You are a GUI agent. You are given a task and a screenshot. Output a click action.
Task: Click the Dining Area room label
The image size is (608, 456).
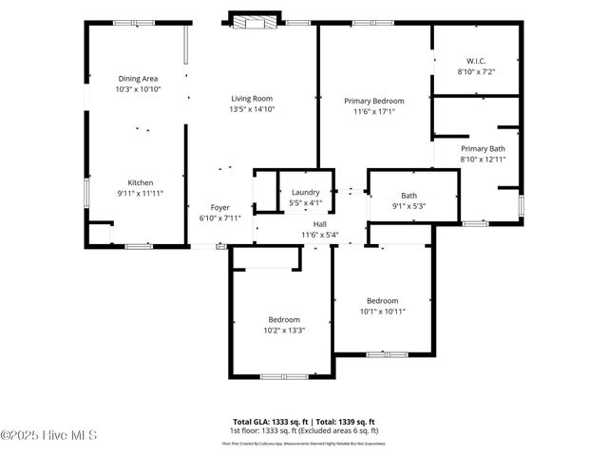click(x=138, y=78)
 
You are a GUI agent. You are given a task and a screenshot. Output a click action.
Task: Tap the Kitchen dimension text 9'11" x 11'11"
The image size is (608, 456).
click(x=141, y=193)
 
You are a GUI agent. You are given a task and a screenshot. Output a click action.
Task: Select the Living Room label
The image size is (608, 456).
click(x=251, y=98)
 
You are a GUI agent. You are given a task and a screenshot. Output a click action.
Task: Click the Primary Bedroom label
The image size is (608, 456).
click(x=373, y=101)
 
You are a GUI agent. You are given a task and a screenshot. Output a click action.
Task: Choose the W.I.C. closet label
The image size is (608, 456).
click(x=475, y=60)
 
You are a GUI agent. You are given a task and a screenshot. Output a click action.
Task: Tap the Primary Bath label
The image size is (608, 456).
click(x=483, y=148)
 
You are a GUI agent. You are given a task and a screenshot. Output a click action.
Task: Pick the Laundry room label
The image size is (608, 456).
click(x=305, y=192)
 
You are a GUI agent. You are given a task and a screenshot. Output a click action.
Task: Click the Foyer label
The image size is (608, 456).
click(x=220, y=207)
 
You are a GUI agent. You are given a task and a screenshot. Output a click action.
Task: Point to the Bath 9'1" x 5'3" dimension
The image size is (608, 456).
click(x=408, y=206)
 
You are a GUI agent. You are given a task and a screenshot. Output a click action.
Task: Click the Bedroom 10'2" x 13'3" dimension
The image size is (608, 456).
click(x=283, y=331)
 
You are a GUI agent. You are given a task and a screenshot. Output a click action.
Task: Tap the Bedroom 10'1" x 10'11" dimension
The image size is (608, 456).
click(x=382, y=311)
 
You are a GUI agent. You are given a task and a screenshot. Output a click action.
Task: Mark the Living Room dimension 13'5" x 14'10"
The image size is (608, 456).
click(x=251, y=109)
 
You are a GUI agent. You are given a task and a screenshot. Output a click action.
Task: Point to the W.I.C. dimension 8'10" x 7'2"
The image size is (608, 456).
click(x=475, y=71)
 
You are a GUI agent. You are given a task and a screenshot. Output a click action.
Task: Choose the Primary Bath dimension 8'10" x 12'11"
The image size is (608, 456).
click(x=483, y=160)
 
